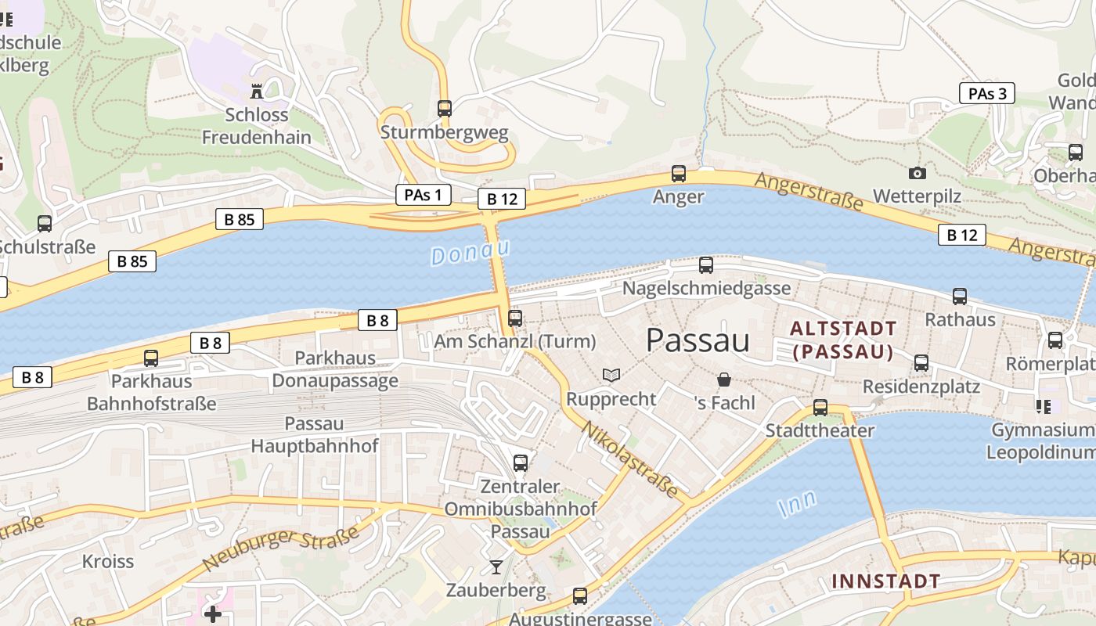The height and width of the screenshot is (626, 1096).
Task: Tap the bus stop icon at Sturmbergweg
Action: pos(445,109)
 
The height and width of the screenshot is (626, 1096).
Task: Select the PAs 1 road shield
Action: pos(423,195)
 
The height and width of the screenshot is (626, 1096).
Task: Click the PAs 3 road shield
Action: pos(986,93)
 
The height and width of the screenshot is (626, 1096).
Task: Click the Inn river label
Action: pos(798,503)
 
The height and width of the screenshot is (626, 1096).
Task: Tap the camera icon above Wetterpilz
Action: pos(917,173)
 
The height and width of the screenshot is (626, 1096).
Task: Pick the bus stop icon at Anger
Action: pos(679,174)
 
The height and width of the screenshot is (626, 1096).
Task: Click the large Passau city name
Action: pos(698,340)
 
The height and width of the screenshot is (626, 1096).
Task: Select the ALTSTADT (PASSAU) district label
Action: pos(842,340)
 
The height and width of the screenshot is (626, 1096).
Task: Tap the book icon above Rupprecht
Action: pos(611,376)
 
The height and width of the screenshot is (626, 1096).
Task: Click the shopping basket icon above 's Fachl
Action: pos(725,380)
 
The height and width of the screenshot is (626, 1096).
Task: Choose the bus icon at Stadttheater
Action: pos(820,408)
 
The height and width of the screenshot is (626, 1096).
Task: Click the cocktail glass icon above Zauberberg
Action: pos(496,567)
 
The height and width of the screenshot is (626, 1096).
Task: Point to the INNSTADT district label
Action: pos(885,581)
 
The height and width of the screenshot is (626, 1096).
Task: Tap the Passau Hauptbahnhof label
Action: pos(314,435)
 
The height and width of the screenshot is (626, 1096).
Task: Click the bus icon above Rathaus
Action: pos(960,297)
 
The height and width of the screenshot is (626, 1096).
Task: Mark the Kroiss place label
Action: pos(108,561)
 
